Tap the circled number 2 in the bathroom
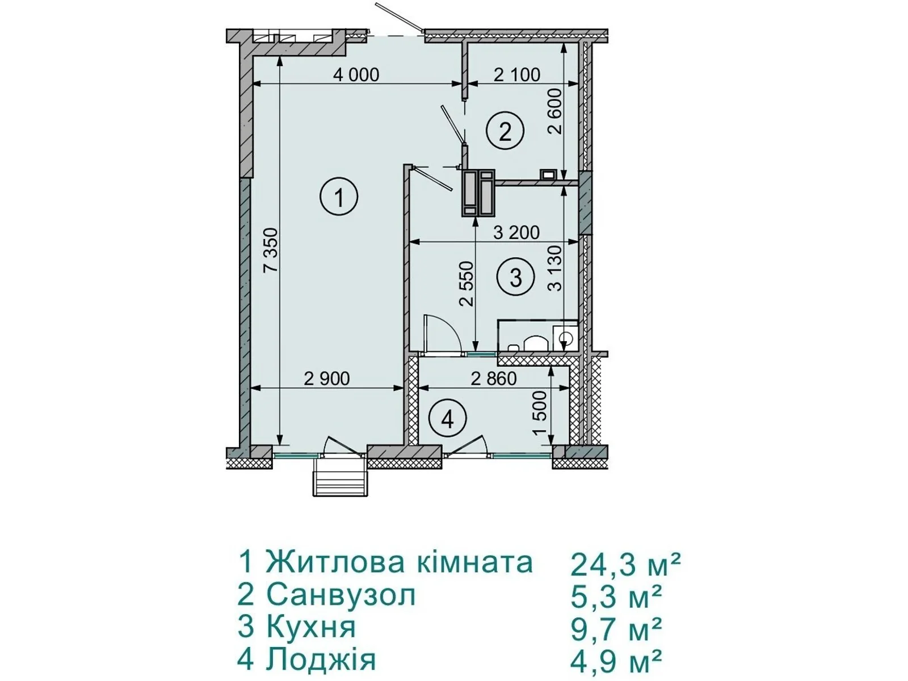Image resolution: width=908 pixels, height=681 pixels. click(505, 131)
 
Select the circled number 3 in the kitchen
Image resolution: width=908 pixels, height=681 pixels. click(516, 276)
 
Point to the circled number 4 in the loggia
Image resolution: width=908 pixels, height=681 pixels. click(448, 421)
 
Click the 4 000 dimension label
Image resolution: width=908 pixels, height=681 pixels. click(356, 75)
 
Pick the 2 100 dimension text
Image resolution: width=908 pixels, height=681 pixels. click(517, 75)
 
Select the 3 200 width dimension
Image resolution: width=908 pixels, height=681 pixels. click(516, 233)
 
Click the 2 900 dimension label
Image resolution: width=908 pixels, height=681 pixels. click(327, 379)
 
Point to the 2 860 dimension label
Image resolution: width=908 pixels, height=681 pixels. click(494, 379)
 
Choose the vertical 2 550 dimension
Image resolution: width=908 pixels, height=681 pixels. click(467, 283)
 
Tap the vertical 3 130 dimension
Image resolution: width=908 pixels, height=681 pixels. click(556, 268)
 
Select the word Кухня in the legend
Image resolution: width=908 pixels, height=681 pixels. click(311, 627)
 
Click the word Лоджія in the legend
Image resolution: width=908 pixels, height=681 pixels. click(321, 659)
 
